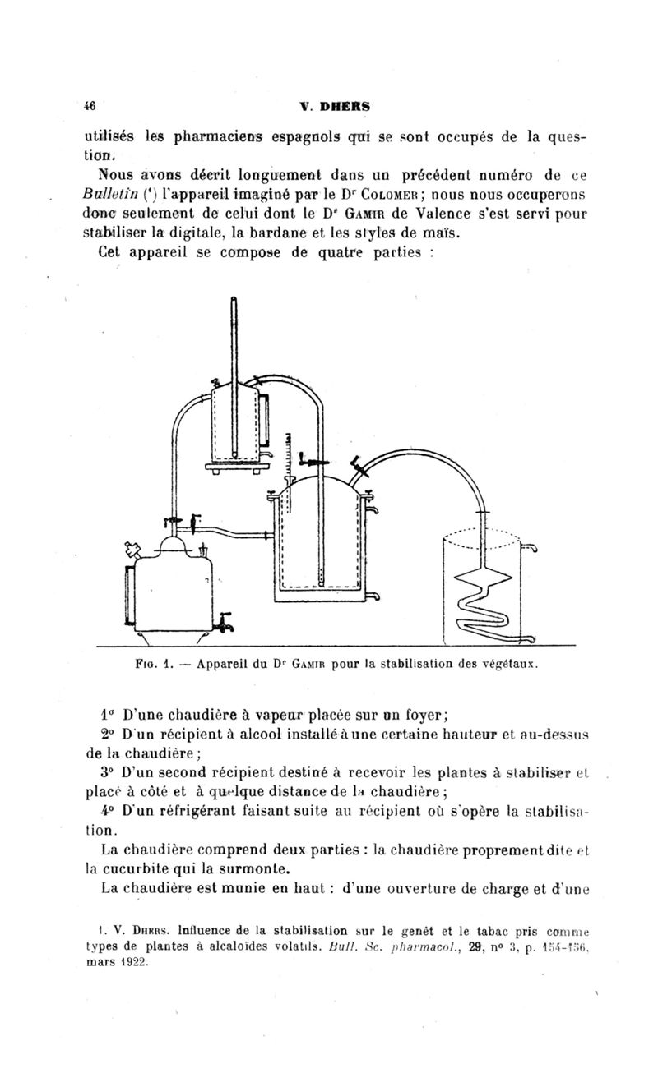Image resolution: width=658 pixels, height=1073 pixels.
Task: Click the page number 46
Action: tap(90, 105)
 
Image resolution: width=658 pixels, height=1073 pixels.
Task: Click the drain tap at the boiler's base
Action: tap(224, 624)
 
